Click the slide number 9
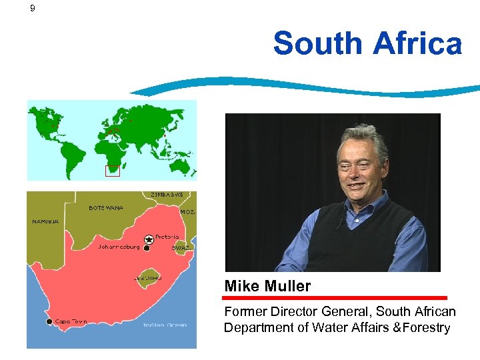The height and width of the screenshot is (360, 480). (x=33, y=9)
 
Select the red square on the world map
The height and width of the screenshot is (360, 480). (x=113, y=171)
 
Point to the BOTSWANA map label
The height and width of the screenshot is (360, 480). (x=106, y=207)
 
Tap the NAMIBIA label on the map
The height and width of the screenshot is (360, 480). (x=45, y=221)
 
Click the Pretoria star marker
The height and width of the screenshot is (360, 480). (x=148, y=239)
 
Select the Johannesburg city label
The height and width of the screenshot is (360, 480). (x=119, y=247)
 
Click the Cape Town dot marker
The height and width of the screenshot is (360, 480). (x=49, y=322)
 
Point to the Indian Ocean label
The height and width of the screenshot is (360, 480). (x=164, y=325)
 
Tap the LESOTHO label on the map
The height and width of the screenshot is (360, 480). (x=148, y=278)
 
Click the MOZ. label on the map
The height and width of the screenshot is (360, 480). (x=187, y=211)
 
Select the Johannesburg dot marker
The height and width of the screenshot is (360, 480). (x=147, y=249)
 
